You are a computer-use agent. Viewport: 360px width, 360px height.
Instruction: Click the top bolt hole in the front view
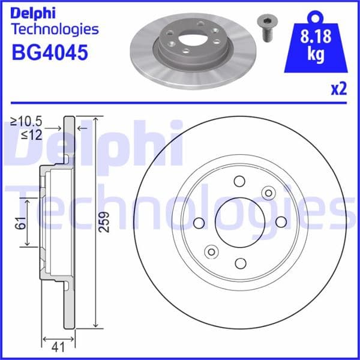[x=239, y=181]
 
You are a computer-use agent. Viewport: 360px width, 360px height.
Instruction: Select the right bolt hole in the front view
[x=280, y=222]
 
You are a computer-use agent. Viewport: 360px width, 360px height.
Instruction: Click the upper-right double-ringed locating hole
[x=268, y=193]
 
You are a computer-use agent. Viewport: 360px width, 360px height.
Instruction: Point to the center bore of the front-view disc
[x=239, y=222]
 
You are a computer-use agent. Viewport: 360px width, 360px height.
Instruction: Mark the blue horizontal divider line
[x=180, y=103]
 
